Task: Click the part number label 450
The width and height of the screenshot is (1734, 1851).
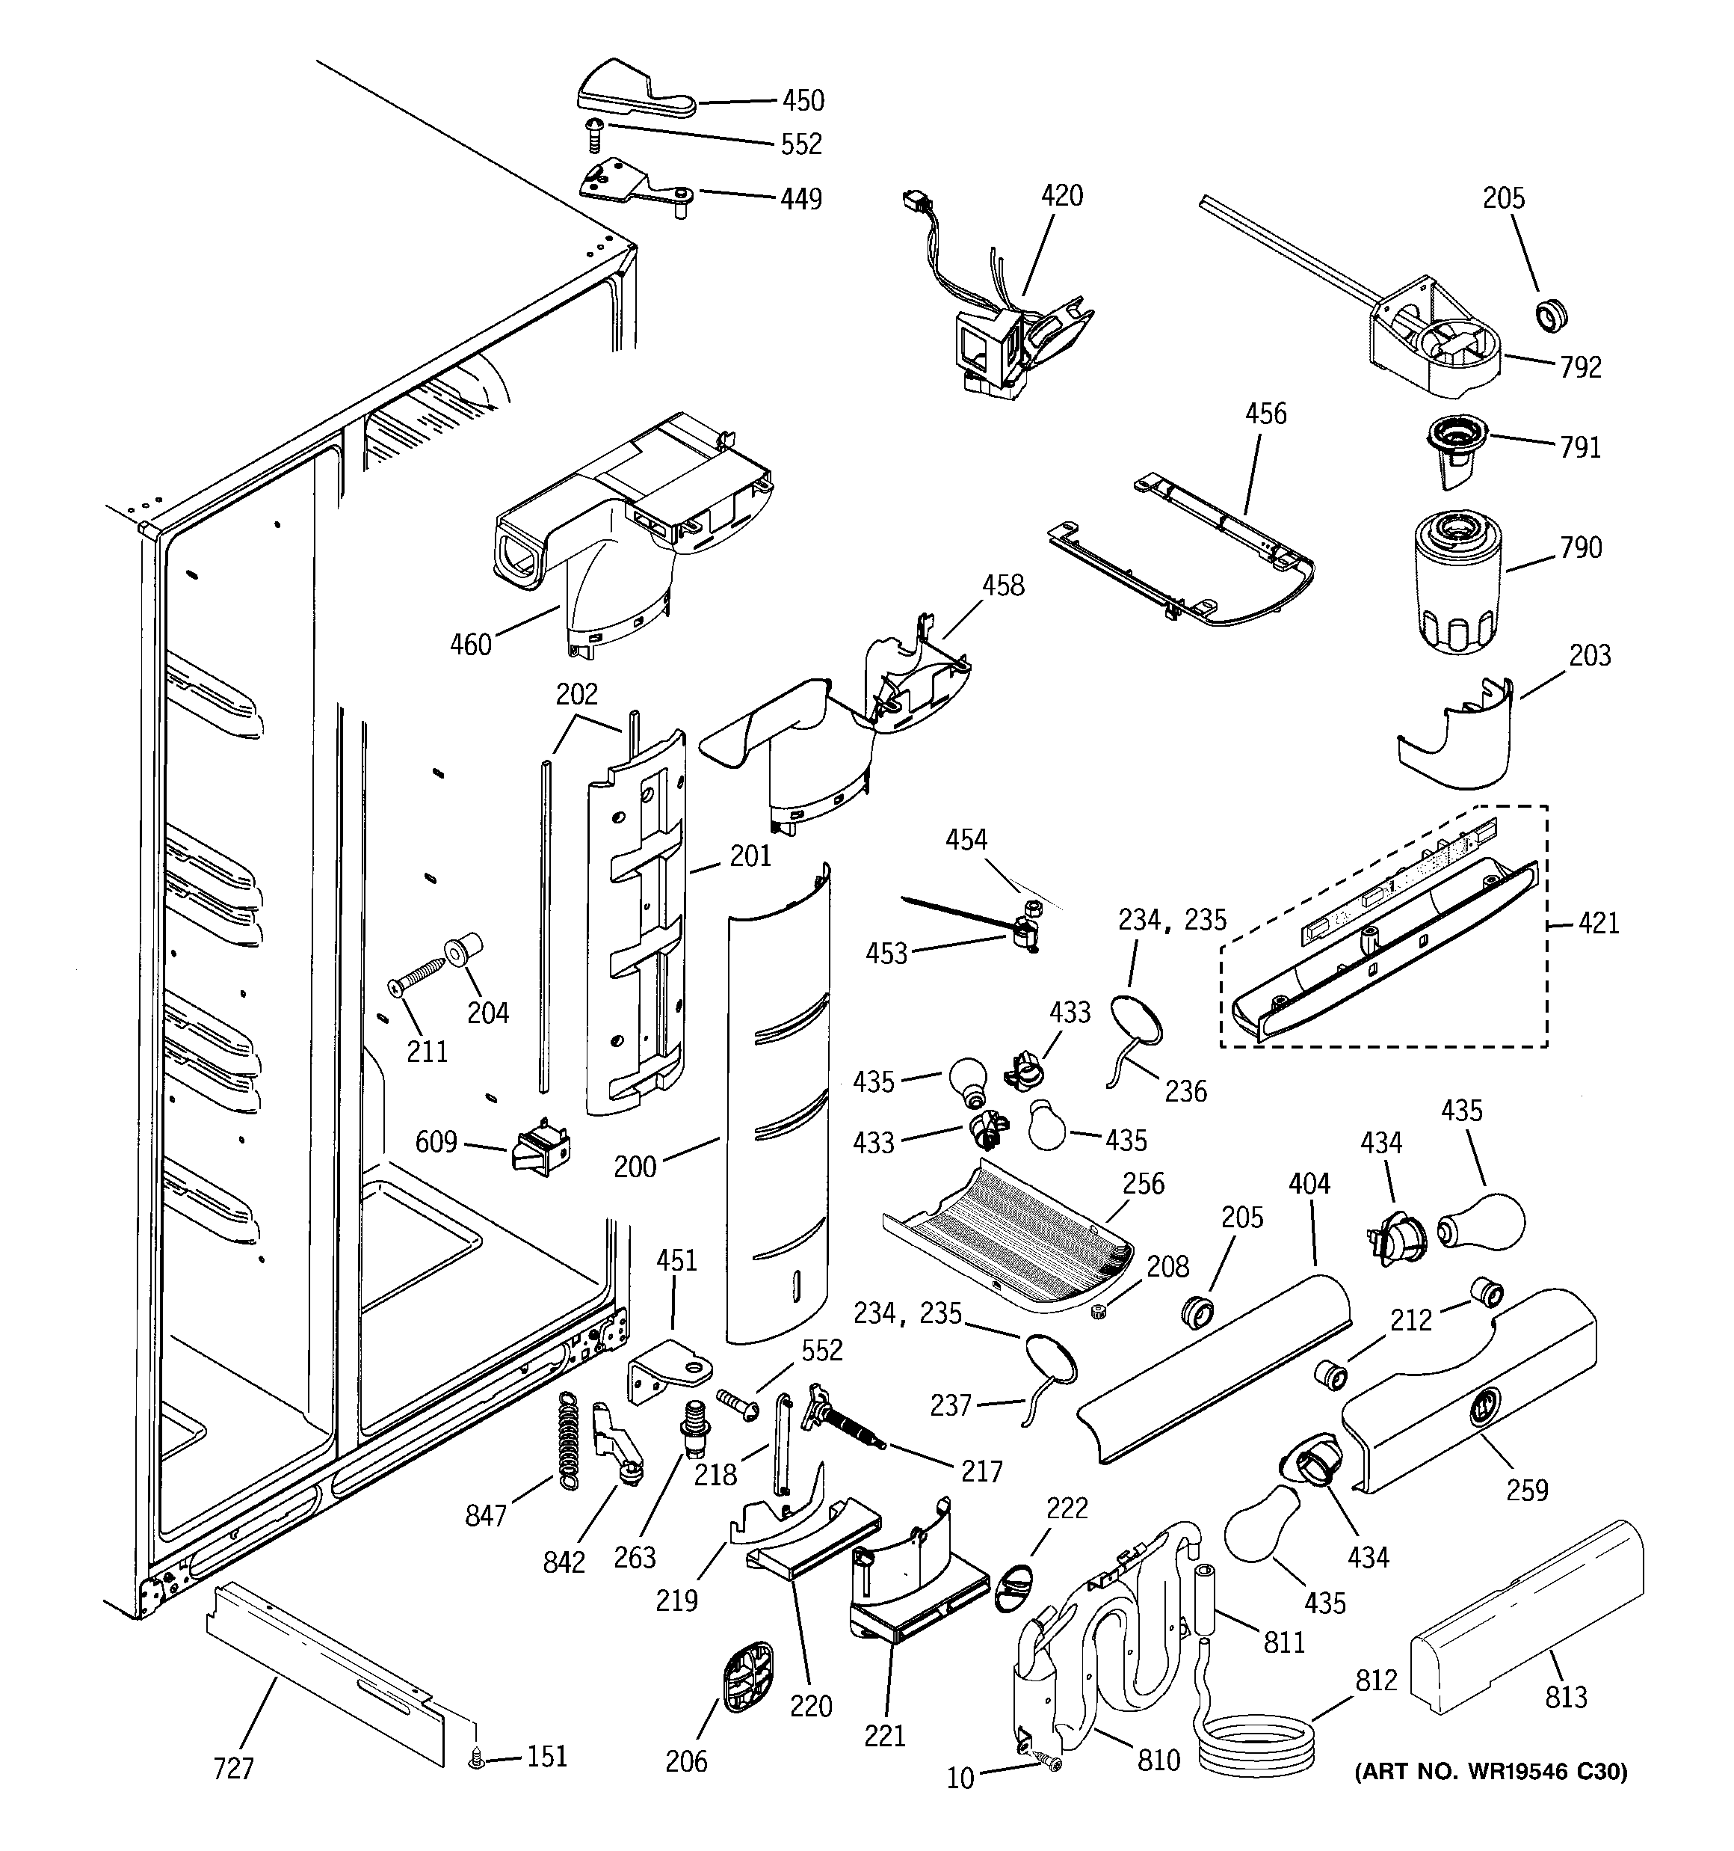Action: (x=802, y=99)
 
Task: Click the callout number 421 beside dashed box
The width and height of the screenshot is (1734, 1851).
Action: (x=1598, y=924)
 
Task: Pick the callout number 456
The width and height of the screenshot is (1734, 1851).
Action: (x=1266, y=414)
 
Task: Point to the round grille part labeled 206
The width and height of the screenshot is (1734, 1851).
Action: (x=748, y=1676)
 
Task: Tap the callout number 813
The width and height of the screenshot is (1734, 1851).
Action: (x=1566, y=1698)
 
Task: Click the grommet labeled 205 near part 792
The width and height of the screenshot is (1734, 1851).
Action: (x=1549, y=316)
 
